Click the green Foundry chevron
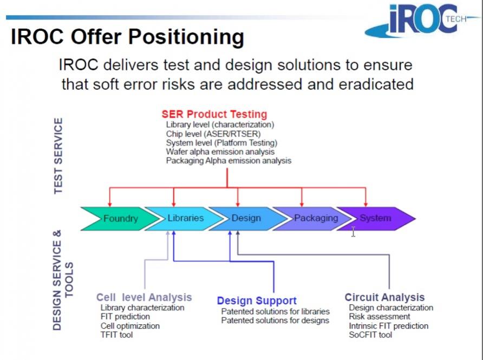point(121,219)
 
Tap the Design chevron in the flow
point(246,219)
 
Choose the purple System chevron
point(376,219)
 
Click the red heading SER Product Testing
point(214,114)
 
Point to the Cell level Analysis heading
point(144,298)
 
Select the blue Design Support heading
point(257,300)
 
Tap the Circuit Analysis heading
point(385,298)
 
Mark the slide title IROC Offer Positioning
point(128,37)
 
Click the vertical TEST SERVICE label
point(58,156)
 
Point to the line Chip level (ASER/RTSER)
point(213,134)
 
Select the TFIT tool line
point(117,335)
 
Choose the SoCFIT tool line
point(370,335)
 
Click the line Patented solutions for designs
point(275,320)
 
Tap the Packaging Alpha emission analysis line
point(229,161)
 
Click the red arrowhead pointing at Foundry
point(110,205)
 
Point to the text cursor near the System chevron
point(354,232)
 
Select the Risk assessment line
point(380,317)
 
